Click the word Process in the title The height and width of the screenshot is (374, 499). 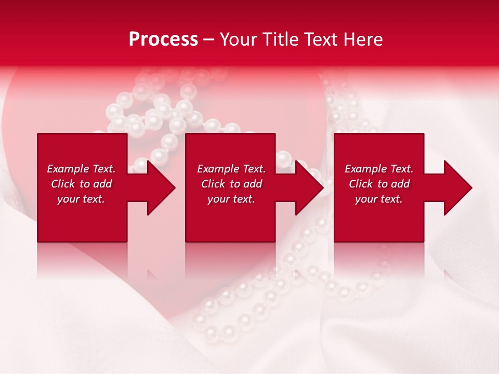[163, 39]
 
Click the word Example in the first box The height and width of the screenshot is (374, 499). [68, 169]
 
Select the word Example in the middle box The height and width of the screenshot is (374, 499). [218, 169]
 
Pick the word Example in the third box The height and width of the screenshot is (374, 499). [366, 169]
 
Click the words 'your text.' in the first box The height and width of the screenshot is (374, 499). [81, 199]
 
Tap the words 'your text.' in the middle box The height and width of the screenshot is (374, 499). [231, 199]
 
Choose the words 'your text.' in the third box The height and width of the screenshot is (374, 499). [379, 199]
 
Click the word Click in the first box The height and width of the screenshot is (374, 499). [63, 184]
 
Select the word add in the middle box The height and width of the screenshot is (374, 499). [253, 184]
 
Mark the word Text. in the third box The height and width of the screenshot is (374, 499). [401, 169]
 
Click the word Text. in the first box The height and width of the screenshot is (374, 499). [103, 169]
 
